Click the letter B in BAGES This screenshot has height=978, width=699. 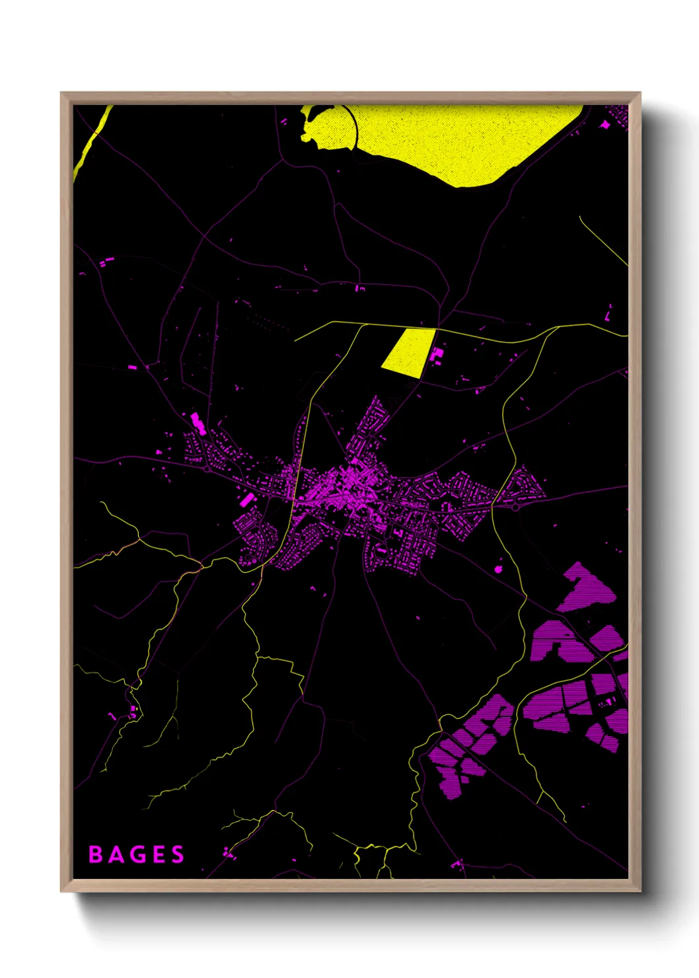95,854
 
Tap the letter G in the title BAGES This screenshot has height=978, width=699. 137,854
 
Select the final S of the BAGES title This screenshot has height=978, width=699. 178,854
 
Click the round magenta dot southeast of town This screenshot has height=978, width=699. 498,568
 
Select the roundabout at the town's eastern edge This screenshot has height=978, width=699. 515,508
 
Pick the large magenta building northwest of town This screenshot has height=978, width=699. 197,423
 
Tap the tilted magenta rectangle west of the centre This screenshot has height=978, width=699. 247,500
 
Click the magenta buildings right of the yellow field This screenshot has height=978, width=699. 436,355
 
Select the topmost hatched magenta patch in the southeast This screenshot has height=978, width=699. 585,587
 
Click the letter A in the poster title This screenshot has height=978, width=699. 116,854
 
